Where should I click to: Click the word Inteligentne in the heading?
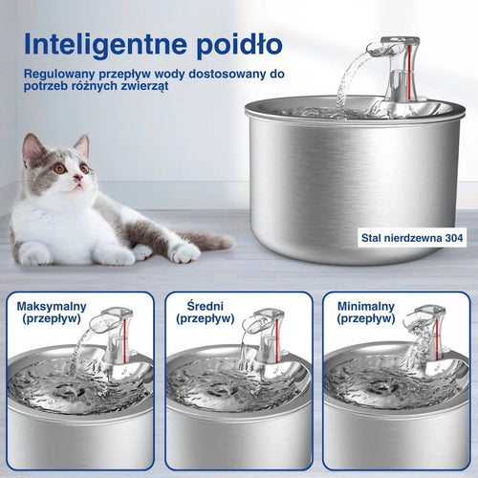[105, 44]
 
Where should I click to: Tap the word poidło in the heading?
[239, 44]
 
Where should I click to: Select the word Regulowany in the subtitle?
[60, 75]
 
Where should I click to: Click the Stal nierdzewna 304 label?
[412, 238]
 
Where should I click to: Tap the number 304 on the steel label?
[454, 237]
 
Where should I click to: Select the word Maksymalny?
[52, 307]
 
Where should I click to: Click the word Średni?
[206, 306]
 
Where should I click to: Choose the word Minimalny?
[366, 307]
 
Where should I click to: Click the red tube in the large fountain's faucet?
[409, 71]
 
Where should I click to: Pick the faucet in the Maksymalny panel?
[114, 335]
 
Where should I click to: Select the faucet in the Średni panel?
[266, 335]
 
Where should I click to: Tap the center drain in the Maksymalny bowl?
[70, 390]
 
